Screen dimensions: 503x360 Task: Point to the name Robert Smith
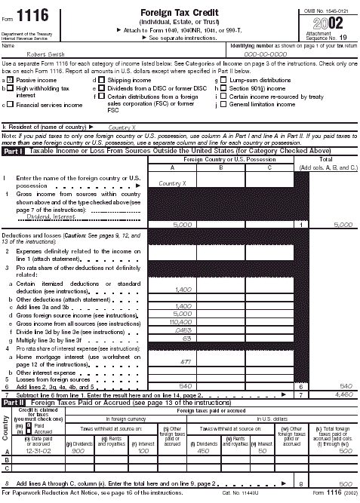tap(45, 54)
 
